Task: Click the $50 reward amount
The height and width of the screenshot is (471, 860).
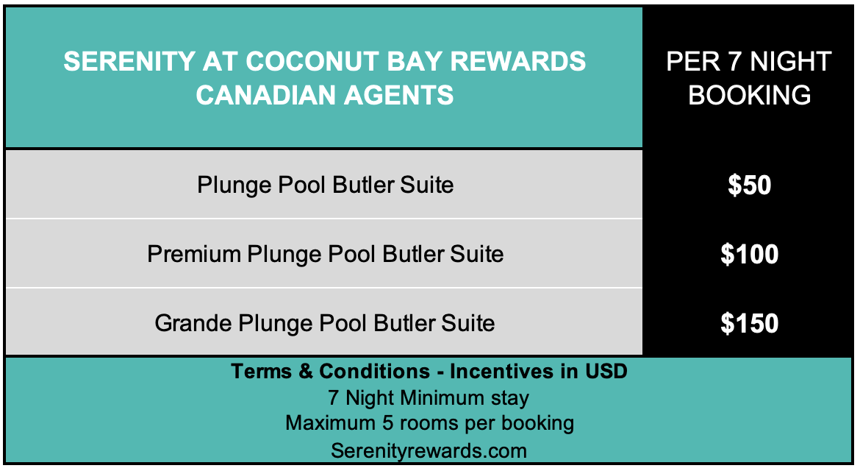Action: click(749, 185)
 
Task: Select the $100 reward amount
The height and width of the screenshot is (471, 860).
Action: click(749, 254)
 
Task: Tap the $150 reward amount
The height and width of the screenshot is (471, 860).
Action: click(749, 323)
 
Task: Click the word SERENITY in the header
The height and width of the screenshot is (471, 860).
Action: click(129, 62)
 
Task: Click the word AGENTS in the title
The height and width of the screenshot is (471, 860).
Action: click(398, 96)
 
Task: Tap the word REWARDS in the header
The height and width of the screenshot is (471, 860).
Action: click(517, 62)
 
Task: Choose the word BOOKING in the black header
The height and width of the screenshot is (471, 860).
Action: click(749, 96)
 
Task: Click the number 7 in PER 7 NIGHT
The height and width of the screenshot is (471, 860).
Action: click(735, 62)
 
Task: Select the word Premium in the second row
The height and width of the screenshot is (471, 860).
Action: click(193, 254)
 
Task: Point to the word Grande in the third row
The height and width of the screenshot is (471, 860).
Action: click(193, 323)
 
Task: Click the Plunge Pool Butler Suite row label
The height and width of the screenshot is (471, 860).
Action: click(325, 185)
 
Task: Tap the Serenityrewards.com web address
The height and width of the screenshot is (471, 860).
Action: click(429, 450)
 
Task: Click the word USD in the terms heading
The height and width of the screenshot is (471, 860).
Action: click(606, 372)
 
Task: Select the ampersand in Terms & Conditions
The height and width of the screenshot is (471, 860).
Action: click(306, 372)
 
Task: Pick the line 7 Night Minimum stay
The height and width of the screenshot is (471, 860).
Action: click(429, 397)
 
